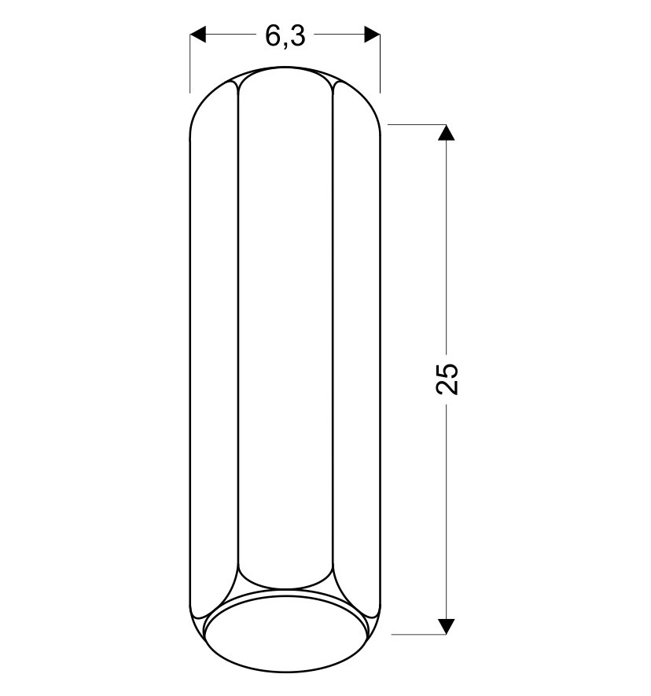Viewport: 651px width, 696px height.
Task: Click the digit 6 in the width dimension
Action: tap(272, 35)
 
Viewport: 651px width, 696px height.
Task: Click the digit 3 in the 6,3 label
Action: tap(299, 35)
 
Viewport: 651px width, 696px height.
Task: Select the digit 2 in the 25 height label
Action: tap(447, 387)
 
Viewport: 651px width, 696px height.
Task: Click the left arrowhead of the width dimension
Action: tap(198, 35)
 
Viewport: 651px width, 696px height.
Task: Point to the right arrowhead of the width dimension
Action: tap(372, 35)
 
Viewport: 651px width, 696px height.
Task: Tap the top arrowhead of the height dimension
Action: tap(446, 133)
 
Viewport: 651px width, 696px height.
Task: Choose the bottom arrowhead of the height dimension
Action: tap(446, 626)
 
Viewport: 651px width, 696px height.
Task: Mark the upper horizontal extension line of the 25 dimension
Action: tap(417, 124)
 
